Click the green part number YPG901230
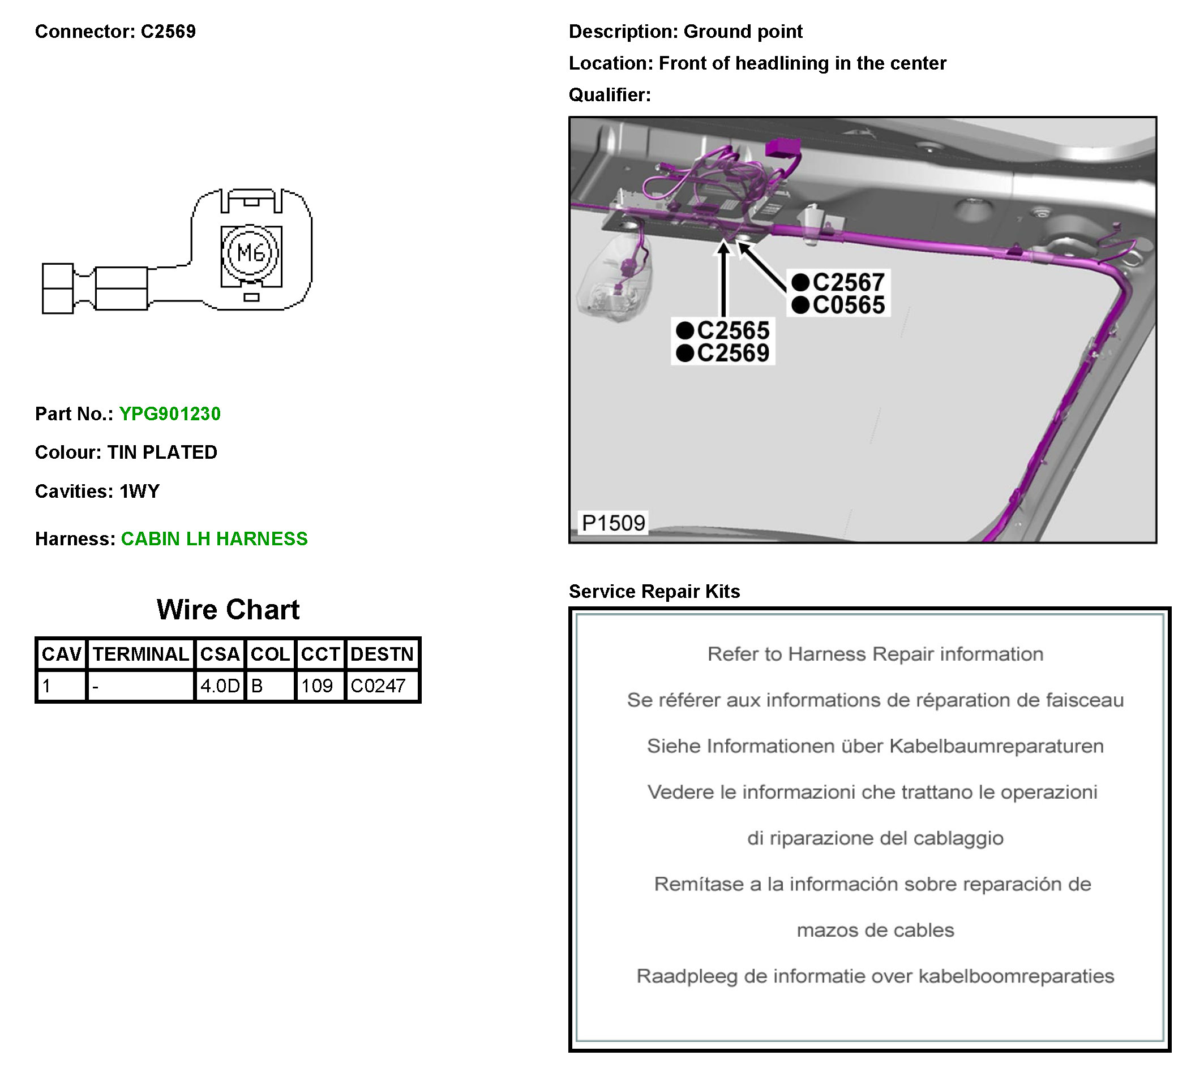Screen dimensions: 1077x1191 170,414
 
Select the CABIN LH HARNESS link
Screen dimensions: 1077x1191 214,539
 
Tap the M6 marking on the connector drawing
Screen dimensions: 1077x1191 251,253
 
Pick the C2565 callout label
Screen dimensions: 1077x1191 732,330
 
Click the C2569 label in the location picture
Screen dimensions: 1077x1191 732,353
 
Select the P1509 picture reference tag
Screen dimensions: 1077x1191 612,523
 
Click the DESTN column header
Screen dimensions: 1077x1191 382,654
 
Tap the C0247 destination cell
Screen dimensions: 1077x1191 378,686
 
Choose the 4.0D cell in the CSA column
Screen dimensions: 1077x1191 220,686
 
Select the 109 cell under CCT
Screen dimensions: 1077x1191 317,686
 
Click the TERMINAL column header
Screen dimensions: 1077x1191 140,654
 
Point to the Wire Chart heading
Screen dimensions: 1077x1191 228,610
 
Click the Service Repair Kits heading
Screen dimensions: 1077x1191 654,592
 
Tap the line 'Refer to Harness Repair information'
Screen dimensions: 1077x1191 875,654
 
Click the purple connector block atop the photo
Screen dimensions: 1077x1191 782,148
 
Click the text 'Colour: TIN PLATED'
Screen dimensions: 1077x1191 126,453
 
